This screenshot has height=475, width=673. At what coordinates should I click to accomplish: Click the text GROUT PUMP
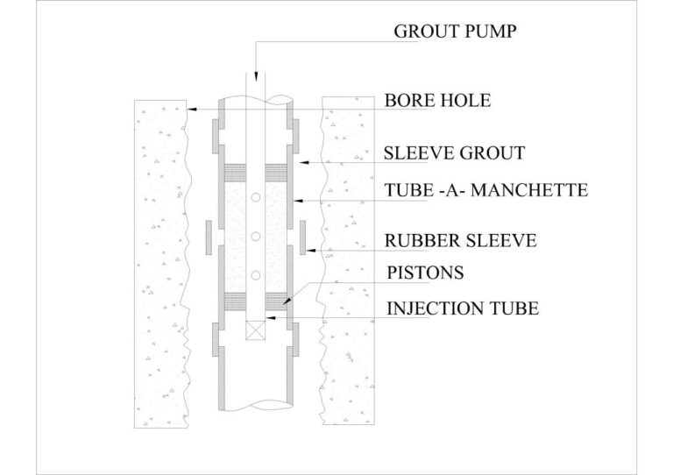tap(456, 32)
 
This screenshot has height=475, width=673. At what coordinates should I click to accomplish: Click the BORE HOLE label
tap(437, 101)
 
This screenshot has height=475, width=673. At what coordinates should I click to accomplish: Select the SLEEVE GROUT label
tap(454, 153)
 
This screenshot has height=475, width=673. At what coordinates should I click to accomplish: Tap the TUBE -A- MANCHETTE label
tap(485, 190)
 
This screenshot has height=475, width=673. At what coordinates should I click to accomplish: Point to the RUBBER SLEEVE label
tap(460, 239)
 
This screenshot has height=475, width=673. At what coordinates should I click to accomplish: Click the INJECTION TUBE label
tap(462, 308)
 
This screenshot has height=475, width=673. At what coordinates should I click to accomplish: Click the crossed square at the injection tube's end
tap(255, 331)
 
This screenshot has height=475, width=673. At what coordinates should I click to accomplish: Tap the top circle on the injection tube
tap(255, 198)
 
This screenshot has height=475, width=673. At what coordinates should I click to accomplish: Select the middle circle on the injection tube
tap(255, 237)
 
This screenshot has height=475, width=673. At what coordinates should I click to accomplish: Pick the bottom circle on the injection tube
tap(255, 276)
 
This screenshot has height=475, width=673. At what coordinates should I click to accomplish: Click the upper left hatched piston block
tap(236, 169)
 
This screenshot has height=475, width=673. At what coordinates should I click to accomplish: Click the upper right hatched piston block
tap(275, 169)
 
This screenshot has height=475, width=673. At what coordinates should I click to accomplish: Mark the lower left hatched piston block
tap(236, 300)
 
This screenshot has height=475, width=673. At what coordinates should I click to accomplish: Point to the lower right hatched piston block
tap(275, 300)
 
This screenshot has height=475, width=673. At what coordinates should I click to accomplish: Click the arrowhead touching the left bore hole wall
tap(191, 109)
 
